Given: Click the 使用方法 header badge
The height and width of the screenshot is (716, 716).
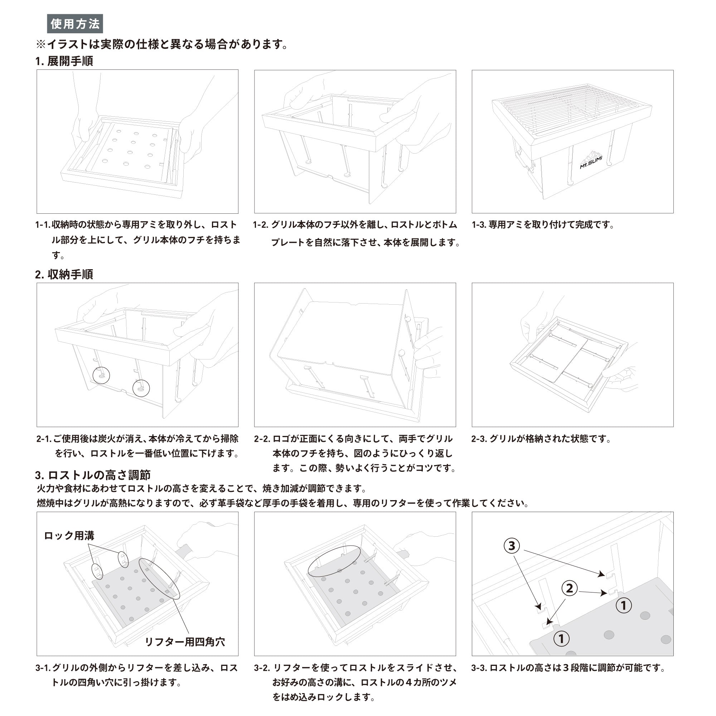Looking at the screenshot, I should pos(75,24).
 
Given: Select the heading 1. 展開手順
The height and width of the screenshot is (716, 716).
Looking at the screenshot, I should pos(64,61).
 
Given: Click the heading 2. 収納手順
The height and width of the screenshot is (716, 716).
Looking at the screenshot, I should pos(64,275).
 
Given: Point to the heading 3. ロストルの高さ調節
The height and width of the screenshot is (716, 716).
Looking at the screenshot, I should pos(93,475).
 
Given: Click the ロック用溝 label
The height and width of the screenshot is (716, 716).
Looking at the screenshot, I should pos(69,536).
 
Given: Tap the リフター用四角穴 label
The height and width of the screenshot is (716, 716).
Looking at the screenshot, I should pos(185,642).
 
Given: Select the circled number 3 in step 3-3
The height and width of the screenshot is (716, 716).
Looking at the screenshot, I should pos(512,546).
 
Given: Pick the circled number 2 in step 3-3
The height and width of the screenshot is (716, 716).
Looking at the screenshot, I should pos(570,588).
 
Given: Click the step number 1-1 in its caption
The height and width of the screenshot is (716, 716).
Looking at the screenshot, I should pos(43,225).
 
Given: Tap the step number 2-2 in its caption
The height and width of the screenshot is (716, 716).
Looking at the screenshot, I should pos(262,439).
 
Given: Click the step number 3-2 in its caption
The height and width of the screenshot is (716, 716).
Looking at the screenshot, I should pos(262,668).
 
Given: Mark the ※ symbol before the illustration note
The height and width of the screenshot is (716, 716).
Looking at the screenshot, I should pos(40,44).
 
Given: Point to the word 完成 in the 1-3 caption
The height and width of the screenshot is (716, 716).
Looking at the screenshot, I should pos(584,225).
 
